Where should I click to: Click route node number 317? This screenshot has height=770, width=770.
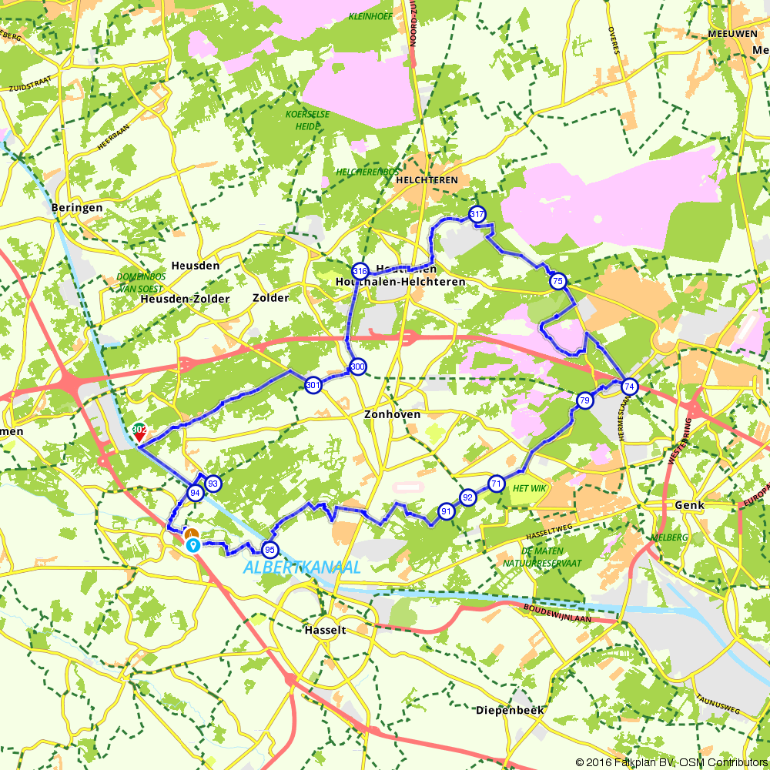pos(477,214)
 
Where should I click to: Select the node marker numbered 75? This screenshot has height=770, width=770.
pos(557,282)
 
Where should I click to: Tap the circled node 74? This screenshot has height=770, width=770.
pos(630,387)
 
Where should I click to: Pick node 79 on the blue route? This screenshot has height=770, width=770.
pos(584,400)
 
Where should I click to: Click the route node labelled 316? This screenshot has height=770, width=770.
pos(360,271)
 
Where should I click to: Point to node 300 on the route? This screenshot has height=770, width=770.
pos(357,367)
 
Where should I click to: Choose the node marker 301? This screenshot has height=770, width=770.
pos(313,385)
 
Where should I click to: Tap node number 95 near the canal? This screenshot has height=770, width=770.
pos(269,550)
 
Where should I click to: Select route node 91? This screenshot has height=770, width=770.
pos(446,511)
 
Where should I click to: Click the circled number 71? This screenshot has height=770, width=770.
pos(496,484)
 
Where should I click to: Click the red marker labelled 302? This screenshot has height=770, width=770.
pos(139,432)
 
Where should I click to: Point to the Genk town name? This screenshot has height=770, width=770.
pos(668,505)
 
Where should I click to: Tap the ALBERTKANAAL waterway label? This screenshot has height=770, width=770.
pos(302,567)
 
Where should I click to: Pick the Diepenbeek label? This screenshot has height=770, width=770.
pos(510,710)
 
